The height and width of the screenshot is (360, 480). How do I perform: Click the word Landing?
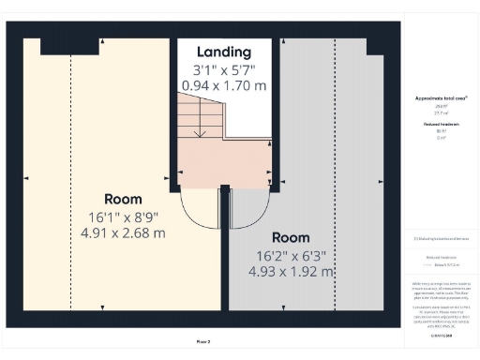[223, 52]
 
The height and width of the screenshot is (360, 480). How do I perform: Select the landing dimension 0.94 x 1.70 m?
[223, 85]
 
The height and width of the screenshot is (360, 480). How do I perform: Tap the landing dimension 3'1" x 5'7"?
[223, 69]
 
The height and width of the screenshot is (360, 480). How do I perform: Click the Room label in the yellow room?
[123, 199]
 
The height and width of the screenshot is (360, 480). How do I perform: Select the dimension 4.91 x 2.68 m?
[123, 232]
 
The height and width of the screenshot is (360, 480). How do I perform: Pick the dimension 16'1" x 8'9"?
[123, 216]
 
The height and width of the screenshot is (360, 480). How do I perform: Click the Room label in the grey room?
[291, 238]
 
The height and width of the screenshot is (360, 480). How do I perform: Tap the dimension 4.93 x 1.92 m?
[291, 272]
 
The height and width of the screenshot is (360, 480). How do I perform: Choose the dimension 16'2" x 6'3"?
[291, 255]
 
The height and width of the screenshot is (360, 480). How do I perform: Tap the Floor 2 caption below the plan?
[203, 342]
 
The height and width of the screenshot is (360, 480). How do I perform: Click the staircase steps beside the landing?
[196, 117]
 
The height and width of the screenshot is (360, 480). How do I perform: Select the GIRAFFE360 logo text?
[441, 335]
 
